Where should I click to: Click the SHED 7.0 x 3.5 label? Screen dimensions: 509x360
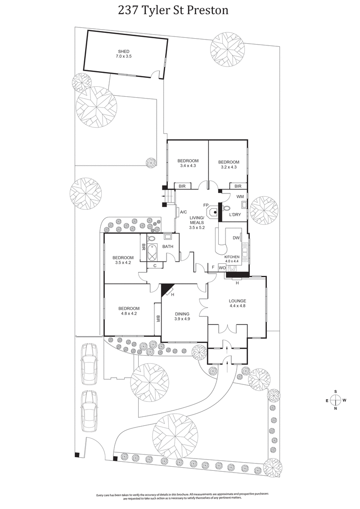[124, 54]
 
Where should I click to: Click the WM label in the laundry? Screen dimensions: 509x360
[240, 196]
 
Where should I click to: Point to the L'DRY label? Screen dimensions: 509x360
[235, 215]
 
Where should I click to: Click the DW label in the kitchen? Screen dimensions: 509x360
[236, 238]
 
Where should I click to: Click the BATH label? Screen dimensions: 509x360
[168, 246]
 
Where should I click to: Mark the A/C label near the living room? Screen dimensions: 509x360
[183, 212]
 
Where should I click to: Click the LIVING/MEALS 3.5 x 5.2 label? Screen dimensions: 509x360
[196, 222]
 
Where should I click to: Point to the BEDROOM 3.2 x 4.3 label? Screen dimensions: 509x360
[229, 164]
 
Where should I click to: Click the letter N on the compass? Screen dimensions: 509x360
[336, 409]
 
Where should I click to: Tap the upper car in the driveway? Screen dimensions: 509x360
[89, 364]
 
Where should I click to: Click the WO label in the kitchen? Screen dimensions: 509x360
[222, 268]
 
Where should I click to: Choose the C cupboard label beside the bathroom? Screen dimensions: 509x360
[155, 266]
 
